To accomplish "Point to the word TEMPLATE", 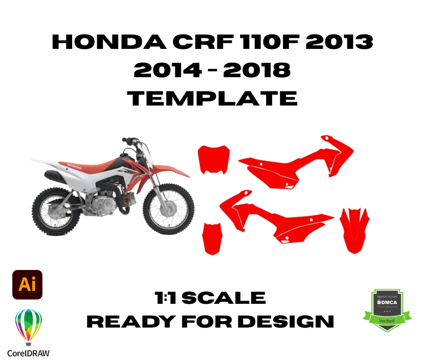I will click(212, 98).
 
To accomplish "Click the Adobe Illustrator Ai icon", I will click(27, 284).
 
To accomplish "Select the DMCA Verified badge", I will click(387, 310).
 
